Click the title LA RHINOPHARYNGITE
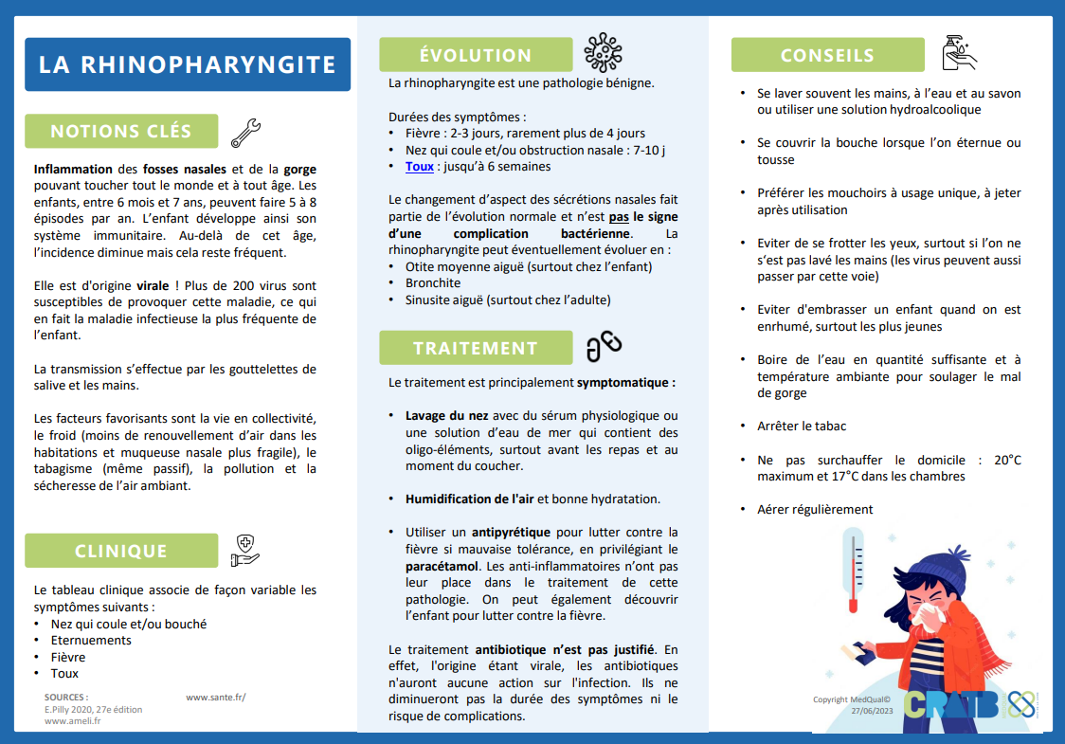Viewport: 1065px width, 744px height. [x=187, y=64]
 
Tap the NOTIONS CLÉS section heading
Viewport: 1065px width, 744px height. [x=121, y=132]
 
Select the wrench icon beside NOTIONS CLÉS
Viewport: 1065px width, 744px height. [x=246, y=132]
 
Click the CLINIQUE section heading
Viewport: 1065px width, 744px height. [x=121, y=551]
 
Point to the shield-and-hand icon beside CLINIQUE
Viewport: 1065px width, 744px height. [x=244, y=551]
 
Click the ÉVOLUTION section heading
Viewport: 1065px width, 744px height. [x=476, y=55]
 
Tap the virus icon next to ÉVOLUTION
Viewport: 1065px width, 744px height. [x=603, y=53]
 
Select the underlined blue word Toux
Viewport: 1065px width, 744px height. [x=419, y=167]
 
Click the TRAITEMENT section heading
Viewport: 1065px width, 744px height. [x=476, y=348]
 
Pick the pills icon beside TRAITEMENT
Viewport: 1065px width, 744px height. [x=604, y=347]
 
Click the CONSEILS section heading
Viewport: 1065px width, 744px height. [x=827, y=55]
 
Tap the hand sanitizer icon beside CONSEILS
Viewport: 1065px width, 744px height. [x=958, y=54]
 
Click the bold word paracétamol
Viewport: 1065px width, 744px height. [x=445, y=566]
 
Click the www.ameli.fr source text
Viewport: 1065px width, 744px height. [x=73, y=720]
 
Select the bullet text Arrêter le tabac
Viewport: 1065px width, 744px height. [x=802, y=426]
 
